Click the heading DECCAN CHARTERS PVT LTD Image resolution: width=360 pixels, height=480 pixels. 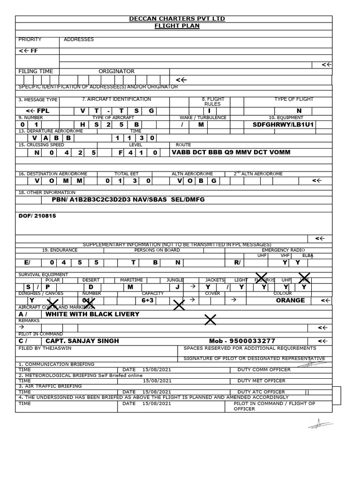[177, 19]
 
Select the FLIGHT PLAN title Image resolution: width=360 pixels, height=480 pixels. [177, 26]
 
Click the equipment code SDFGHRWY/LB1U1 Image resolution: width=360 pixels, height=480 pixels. [283, 124]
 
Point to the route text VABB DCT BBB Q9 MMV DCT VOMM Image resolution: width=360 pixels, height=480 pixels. [231, 152]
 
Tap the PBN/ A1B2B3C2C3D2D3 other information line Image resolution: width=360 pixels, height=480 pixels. [128, 199]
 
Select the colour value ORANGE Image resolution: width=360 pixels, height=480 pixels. [290, 300]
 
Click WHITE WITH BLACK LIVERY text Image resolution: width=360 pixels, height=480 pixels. [92, 314]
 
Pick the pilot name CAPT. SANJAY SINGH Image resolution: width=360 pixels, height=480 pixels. [82, 341]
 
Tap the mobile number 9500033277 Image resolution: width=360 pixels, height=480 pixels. [255, 341]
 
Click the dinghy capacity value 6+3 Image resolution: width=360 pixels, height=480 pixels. [148, 300]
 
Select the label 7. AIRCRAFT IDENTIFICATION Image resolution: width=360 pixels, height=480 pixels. [116, 99]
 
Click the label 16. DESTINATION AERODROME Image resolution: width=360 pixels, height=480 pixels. [53, 174]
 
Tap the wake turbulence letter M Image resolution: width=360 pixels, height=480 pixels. [201, 125]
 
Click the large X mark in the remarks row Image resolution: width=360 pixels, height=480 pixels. [210, 320]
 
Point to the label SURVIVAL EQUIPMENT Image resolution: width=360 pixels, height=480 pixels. [43, 274]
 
